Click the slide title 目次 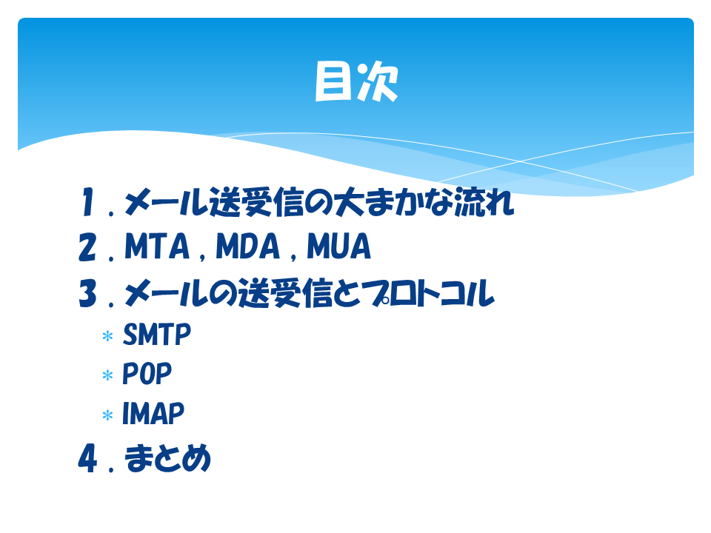point(356,81)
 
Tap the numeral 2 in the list point(87,247)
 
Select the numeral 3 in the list point(87,293)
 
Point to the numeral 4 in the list point(87,458)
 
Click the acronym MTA point(157,247)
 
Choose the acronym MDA point(247,247)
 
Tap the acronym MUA point(338,247)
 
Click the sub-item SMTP point(157,335)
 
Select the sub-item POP point(147,374)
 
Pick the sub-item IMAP point(153,413)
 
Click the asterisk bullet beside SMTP point(107,336)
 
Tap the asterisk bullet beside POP point(107,376)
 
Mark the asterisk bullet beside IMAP point(107,415)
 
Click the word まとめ point(167,458)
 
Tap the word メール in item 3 point(166,293)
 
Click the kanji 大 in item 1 point(349,201)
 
